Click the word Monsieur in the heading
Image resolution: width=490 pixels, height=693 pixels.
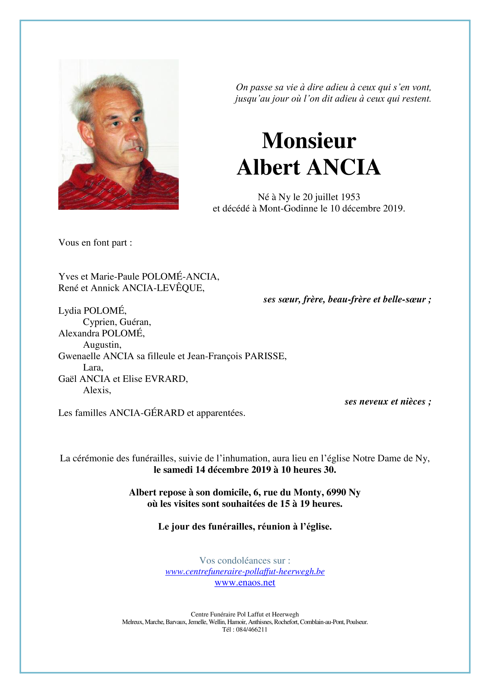pyautogui.click(x=309, y=141)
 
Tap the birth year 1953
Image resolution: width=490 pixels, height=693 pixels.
pyautogui.click(x=350, y=197)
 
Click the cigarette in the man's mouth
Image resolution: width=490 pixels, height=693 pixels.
pyautogui.click(x=140, y=149)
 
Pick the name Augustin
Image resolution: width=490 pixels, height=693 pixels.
pyautogui.click(x=102, y=345)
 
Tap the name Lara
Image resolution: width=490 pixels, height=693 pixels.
pyautogui.click(x=93, y=368)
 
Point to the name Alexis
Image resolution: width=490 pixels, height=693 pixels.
pyautogui.click(x=97, y=390)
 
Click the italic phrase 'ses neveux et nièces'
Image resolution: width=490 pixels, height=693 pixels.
pyautogui.click(x=385, y=402)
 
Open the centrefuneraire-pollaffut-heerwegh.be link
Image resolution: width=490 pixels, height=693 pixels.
pyautogui.click(x=245, y=572)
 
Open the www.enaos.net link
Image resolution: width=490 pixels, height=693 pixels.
pyautogui.click(x=245, y=583)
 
